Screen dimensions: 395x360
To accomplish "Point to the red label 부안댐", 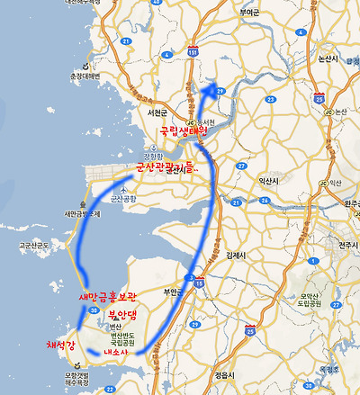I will click(x=125, y=315).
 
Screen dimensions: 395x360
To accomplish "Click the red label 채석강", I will click(x=63, y=346).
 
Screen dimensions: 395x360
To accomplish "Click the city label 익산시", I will click(x=270, y=181).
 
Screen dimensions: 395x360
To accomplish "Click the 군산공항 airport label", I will click(x=118, y=198).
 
